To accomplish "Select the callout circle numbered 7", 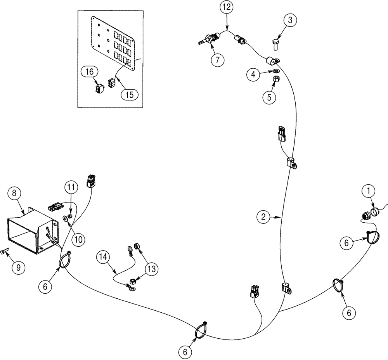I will [x=218, y=60].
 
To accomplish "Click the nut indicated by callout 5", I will [x=276, y=80].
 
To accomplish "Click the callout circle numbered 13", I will [x=152, y=268].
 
